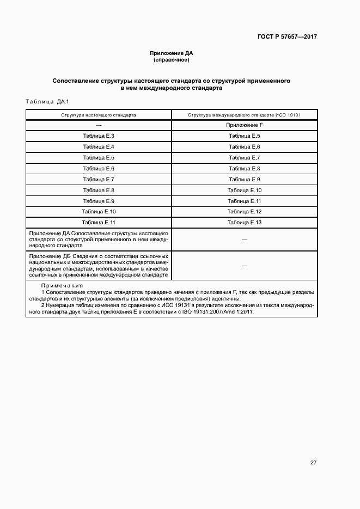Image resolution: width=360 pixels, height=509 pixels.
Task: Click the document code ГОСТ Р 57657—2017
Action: [x=287, y=37]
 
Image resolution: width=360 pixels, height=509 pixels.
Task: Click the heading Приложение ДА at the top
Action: [x=172, y=53]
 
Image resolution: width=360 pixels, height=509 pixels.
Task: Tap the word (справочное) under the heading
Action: [x=172, y=60]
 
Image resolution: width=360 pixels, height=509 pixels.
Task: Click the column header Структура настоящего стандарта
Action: [x=99, y=115]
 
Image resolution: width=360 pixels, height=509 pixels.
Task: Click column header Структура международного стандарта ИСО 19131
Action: [x=245, y=115]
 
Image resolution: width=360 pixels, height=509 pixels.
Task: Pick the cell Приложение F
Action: [x=245, y=125]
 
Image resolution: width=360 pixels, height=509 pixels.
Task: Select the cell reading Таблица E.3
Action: [x=99, y=136]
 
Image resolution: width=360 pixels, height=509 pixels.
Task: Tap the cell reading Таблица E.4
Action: [x=99, y=147]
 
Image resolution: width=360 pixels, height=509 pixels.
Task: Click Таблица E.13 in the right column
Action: [x=245, y=222]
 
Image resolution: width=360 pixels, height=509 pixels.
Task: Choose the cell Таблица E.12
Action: [x=245, y=211]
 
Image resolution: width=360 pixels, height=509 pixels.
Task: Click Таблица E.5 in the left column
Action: [x=99, y=158]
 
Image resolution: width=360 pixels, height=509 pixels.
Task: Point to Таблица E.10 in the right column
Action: [x=245, y=190]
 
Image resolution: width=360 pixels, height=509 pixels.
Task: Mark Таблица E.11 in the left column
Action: [x=99, y=222]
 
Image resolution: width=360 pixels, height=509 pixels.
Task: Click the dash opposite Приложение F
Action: [x=99, y=125]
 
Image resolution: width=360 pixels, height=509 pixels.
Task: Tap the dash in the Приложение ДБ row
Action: [x=245, y=265]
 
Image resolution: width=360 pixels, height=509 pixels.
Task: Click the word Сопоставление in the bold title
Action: [x=76, y=81]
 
